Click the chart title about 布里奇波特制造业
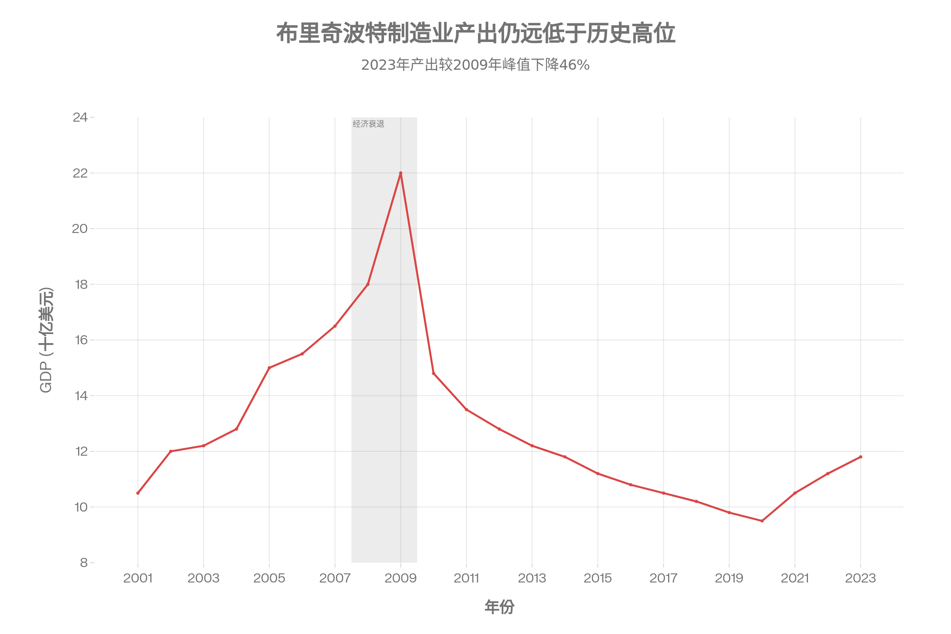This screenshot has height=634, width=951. tap(475, 34)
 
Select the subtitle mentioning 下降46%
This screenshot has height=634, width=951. tap(475, 65)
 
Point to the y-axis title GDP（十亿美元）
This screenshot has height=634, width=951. tap(46, 340)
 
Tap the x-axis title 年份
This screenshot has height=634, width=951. tap(499, 607)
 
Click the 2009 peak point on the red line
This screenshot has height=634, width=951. tap(401, 173)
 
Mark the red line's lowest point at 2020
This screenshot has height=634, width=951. tap(762, 521)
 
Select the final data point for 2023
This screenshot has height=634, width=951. tap(861, 456)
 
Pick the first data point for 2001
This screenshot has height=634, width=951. tap(138, 493)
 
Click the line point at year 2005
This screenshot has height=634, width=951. tap(269, 368)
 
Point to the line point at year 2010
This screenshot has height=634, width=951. tap(433, 373)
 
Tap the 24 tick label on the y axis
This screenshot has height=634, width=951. tap(80, 118)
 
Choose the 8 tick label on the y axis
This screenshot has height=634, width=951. tap(84, 563)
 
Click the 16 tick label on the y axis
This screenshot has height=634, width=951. tap(81, 340)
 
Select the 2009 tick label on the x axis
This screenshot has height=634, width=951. tap(401, 578)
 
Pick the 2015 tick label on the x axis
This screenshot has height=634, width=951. tap(598, 578)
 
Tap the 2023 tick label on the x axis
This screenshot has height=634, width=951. tap(861, 578)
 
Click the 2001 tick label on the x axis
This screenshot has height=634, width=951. tap(138, 578)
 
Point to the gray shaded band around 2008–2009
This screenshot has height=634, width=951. tap(384, 445)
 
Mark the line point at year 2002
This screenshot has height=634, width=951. tap(171, 451)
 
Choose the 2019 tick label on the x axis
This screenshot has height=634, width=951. tap(729, 578)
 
